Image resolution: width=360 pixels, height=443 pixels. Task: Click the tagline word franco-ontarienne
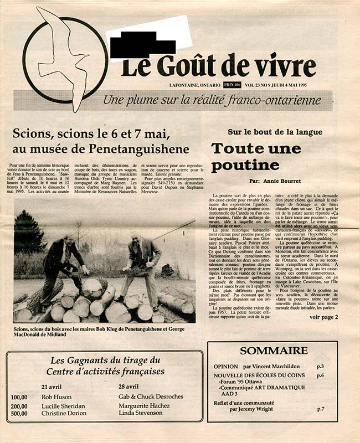click(280, 100)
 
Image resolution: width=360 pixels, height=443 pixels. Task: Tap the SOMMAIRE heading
click(274, 351)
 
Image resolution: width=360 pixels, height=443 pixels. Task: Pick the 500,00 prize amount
click(19, 413)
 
